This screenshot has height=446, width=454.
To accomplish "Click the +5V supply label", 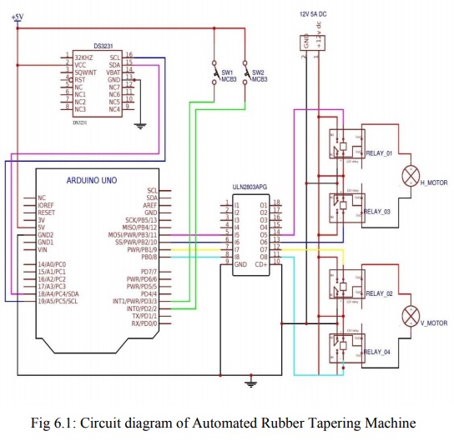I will (x=18, y=17).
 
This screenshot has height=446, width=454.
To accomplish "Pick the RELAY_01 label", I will (x=379, y=153).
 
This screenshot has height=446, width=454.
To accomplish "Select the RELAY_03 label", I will (x=379, y=213).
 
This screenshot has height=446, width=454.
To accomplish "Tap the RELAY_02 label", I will (x=379, y=293).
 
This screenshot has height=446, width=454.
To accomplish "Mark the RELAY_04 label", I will (x=379, y=353).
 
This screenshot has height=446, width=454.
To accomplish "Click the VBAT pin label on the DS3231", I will (x=114, y=72).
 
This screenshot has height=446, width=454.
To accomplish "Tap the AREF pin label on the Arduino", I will (x=150, y=205).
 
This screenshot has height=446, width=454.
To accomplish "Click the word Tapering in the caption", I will (x=302, y=423).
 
